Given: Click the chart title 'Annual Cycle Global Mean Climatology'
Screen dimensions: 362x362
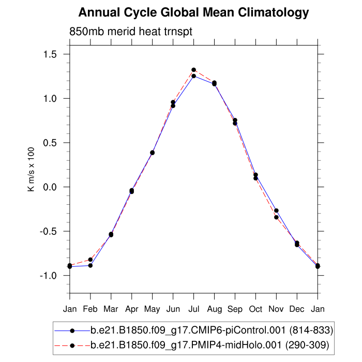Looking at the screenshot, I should click(194, 12).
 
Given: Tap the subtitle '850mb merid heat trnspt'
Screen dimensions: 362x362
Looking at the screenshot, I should click(131, 32).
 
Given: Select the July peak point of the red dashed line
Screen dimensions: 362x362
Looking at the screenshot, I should click(193, 70).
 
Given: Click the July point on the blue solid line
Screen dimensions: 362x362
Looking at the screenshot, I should click(193, 76).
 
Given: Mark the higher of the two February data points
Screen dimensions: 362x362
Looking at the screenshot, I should click(90, 260).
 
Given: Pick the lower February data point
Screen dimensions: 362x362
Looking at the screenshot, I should click(90, 265).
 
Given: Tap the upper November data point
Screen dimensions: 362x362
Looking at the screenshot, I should click(276, 210).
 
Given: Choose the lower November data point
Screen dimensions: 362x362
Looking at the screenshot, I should click(276, 217).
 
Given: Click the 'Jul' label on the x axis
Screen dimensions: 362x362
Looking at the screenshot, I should click(193, 309).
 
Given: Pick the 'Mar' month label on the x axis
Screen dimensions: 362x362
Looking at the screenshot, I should click(111, 309).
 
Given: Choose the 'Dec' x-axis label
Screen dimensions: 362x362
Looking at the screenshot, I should click(297, 309).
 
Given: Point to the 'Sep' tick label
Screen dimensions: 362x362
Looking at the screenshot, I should click(235, 309).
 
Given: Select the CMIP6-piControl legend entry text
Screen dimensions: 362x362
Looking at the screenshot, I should click(212, 330).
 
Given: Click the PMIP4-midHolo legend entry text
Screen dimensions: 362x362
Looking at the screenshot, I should click(209, 344).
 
